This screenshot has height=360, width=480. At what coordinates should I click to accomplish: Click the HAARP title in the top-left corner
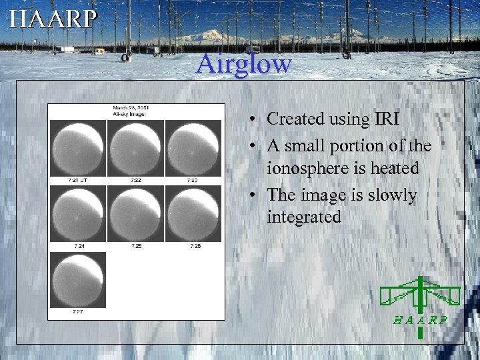click(53, 19)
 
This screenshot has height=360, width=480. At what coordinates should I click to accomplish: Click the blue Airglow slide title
click(244, 64)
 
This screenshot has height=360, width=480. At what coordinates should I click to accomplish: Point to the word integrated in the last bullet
click(303, 217)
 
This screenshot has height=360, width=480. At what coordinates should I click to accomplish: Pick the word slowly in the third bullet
click(392, 195)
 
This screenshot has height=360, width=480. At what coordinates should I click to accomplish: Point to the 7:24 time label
click(79, 246)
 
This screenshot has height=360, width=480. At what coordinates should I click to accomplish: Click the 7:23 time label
click(193, 181)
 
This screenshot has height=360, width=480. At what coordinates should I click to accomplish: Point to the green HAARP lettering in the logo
click(420, 319)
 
